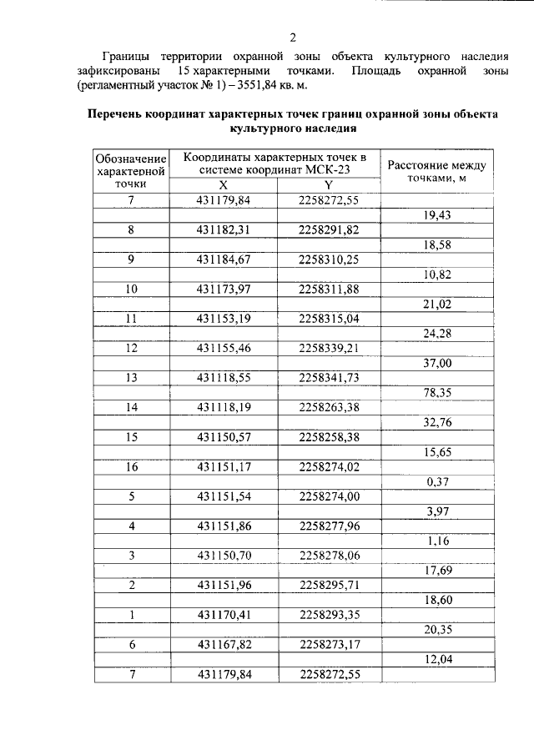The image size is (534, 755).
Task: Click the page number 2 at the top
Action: [293, 37]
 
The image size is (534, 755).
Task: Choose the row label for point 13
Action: [131, 377]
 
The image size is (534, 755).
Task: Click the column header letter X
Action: [222, 185]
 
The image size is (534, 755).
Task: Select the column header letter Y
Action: [328, 185]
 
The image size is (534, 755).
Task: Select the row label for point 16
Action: [131, 467]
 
